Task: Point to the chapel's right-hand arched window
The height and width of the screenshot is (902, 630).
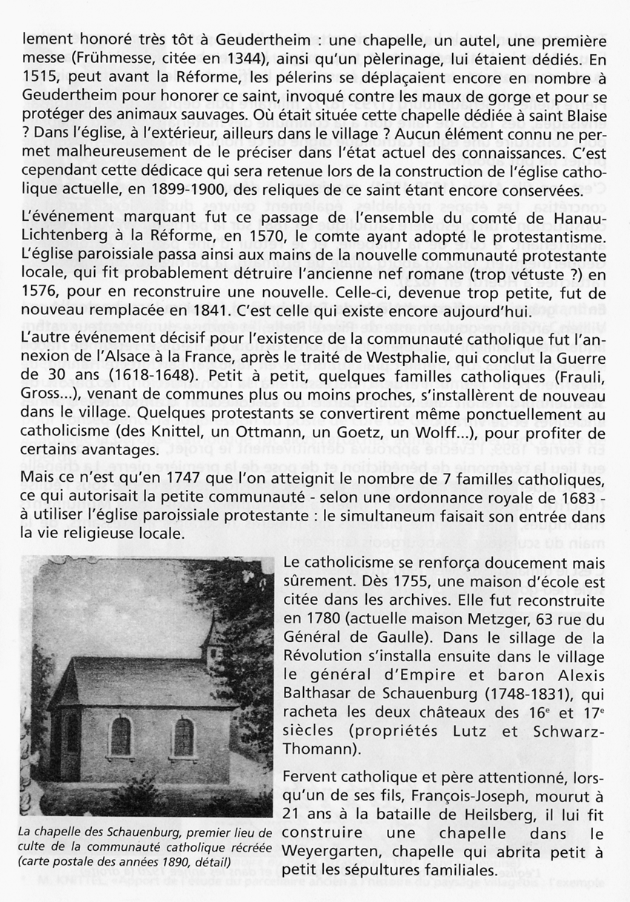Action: [183, 736]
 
